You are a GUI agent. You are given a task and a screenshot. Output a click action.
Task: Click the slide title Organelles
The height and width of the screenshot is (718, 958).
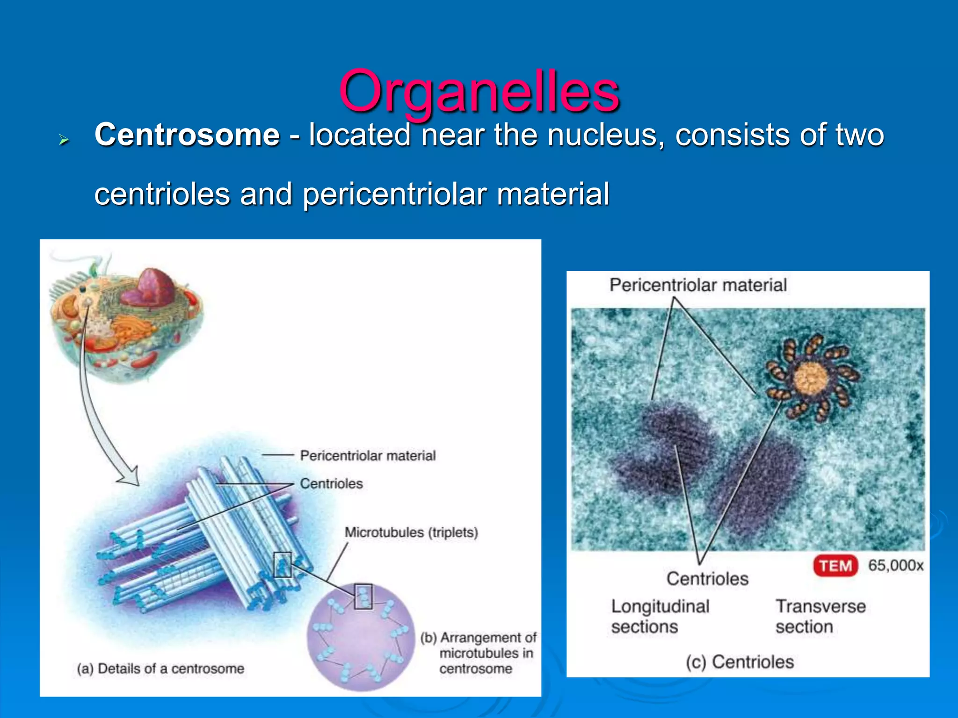point(479,91)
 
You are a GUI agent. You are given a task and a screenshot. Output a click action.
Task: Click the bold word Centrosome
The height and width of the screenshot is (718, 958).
point(187,135)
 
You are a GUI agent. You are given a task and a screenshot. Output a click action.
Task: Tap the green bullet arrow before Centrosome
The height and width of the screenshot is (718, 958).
point(64,139)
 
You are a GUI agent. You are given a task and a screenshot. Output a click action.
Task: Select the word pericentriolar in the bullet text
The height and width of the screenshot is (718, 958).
point(395,194)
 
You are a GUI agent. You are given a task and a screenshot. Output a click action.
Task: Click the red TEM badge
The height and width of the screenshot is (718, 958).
point(835,566)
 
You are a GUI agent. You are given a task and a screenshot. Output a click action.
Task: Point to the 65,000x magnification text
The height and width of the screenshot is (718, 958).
point(895,566)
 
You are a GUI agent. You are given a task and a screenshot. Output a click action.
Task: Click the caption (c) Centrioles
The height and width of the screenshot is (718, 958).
point(740,662)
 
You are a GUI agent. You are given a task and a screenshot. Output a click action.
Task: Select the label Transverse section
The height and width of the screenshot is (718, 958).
point(820,616)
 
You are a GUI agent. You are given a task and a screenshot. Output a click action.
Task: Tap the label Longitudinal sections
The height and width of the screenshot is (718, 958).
point(660,616)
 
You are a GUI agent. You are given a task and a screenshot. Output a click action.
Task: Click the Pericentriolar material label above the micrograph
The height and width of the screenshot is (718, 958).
point(698,285)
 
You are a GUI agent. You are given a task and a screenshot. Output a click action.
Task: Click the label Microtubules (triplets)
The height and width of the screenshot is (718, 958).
point(411,532)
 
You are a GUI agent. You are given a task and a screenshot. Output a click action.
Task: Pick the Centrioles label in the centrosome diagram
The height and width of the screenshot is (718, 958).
point(331,483)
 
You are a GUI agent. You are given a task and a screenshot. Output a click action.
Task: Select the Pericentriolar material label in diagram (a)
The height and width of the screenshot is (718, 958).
point(368,455)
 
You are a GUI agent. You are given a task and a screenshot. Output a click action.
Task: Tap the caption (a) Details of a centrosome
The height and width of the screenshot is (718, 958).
point(160,668)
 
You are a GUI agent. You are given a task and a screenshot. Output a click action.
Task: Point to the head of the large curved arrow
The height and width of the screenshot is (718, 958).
point(130,477)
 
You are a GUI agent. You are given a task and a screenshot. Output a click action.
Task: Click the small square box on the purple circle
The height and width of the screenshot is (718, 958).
point(363,596)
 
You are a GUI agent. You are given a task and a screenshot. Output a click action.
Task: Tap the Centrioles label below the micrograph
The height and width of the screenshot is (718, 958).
point(707,579)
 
